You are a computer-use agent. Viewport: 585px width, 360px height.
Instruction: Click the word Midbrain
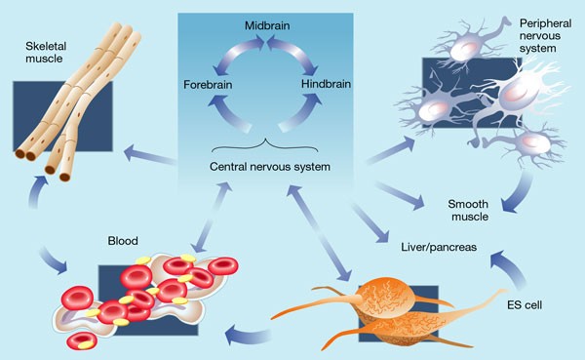265,20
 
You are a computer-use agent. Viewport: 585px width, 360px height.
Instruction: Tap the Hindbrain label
326,85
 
